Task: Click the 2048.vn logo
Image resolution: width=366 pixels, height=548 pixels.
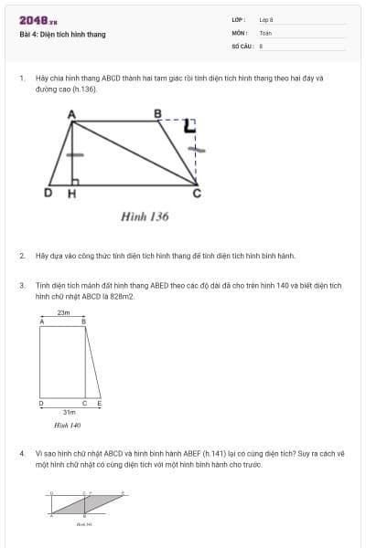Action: pyautogui.click(x=38, y=20)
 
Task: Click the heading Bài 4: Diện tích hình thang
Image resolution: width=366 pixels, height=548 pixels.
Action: pyautogui.click(x=62, y=35)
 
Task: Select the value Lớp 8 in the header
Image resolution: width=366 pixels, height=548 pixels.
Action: pyautogui.click(x=266, y=19)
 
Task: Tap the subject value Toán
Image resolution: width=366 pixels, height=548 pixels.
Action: pyautogui.click(x=265, y=32)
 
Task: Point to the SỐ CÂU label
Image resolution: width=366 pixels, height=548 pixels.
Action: pyautogui.click(x=241, y=45)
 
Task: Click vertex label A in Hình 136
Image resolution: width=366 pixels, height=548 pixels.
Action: pyautogui.click(x=72, y=112)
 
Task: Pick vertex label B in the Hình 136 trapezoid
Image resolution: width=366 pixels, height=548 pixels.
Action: pyautogui.click(x=157, y=112)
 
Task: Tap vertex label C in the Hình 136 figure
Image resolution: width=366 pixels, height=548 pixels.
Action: pyautogui.click(x=196, y=194)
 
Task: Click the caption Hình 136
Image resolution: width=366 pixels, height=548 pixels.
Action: pyautogui.click(x=145, y=217)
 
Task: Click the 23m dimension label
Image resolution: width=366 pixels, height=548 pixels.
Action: pyautogui.click(x=63, y=312)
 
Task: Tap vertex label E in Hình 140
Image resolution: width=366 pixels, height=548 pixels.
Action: pyautogui.click(x=99, y=403)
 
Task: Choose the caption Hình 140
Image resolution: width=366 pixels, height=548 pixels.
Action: pyautogui.click(x=68, y=425)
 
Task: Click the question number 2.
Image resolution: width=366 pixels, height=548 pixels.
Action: pyautogui.click(x=22, y=256)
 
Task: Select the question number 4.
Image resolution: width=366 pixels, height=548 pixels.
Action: pyautogui.click(x=22, y=453)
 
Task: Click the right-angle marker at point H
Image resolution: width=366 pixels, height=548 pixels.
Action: pyautogui.click(x=76, y=182)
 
